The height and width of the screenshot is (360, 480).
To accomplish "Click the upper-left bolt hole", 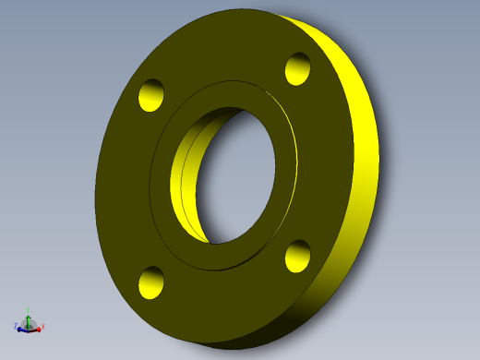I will pos(150,95).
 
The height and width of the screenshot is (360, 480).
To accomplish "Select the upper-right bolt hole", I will pos(297,68).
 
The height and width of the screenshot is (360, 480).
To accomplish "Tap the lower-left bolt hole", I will pos(150,282).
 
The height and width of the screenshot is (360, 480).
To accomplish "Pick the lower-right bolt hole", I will pos(297,256).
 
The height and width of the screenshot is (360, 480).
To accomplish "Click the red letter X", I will pos(43,327).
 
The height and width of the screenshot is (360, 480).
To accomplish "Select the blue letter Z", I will pos(15,326).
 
